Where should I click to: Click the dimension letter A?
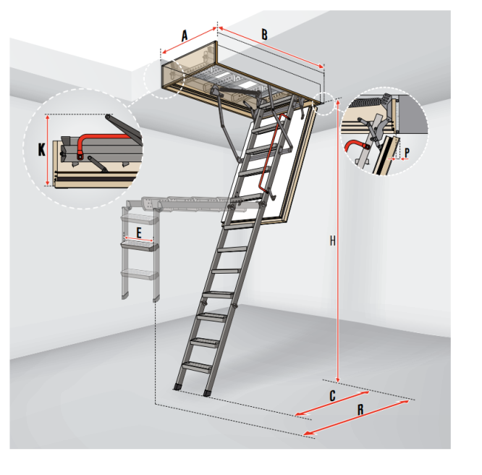coord(185,35)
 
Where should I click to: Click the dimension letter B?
coord(264,35)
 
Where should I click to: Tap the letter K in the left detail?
coord(41,150)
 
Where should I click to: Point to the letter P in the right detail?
coord(407,152)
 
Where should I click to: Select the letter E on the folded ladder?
coord(139,233)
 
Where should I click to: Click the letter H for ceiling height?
coord(333,241)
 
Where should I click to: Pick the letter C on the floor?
coord(332,396)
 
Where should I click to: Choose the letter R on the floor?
coord(360,410)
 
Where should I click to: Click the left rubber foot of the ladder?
coord(177,387)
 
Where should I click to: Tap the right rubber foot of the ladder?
coord(208,393)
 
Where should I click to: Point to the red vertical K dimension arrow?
coord(47,150)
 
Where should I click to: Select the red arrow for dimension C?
coord(332,403)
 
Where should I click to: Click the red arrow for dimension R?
coord(356,418)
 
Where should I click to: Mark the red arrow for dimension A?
coord(190,41)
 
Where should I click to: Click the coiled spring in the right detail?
coord(365,102)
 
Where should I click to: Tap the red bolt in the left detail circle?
coord(80,156)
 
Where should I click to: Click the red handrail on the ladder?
coord(270,153)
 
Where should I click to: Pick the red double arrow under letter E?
coord(139,240)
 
